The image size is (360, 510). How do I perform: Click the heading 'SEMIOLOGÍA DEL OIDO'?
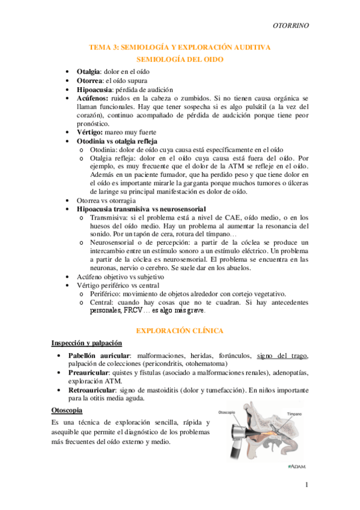(x=180, y=60)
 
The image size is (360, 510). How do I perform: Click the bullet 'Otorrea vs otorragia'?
(x=106, y=200)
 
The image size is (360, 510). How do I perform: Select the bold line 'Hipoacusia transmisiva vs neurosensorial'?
(x=141, y=209)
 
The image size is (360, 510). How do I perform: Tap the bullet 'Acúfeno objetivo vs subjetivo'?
(x=120, y=277)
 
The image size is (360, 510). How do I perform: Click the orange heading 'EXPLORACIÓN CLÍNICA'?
(x=180, y=331)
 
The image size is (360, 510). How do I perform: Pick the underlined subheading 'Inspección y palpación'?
(x=87, y=343)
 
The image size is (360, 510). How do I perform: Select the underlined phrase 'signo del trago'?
(x=282, y=356)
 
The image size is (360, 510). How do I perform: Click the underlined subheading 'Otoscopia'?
(x=67, y=411)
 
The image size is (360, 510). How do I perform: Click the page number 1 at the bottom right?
(x=306, y=485)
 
